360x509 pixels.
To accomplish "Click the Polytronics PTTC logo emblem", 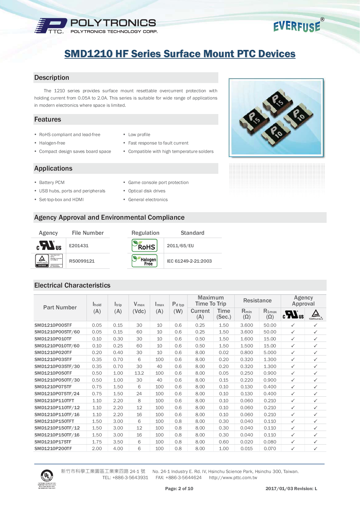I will coord(51,26).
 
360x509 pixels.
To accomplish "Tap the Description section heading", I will coord(52,78).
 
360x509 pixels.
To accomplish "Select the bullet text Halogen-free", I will coord(52,143).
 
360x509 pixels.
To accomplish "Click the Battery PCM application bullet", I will coord(52,183).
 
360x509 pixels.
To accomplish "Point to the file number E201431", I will coord(79,246).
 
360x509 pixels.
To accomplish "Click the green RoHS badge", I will coord(145,246).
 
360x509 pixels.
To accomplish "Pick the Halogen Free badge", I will coord(145,261).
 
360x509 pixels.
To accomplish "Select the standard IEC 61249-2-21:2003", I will coord(189,261).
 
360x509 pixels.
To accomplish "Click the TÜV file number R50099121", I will coord(82,261).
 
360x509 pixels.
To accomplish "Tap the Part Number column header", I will coord(60,308).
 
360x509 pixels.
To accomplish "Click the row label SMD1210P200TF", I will coord(53,449).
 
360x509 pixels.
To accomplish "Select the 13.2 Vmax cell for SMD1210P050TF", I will coord(139,373).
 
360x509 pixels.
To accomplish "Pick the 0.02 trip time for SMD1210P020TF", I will coord(224,353).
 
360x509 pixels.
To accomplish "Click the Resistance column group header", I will coord(258,301).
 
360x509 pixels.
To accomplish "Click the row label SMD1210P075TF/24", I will coord(57,394).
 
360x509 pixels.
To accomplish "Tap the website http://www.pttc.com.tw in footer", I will coord(233,478).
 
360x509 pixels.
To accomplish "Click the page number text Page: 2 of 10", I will coord(179,489).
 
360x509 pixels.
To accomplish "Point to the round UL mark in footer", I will coord(47,476).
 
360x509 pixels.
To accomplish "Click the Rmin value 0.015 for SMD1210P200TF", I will coord(247,449).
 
